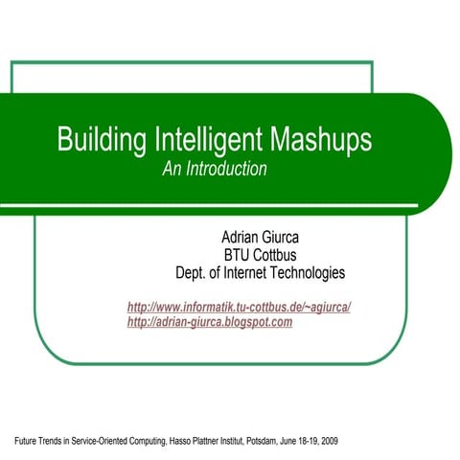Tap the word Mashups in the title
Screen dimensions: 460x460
point(320,141)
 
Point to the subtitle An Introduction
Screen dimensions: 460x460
point(214,169)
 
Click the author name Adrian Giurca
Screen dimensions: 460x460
point(260,237)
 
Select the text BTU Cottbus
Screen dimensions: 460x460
point(260,255)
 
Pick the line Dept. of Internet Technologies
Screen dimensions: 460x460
point(260,273)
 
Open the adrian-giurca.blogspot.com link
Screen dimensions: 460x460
point(209,322)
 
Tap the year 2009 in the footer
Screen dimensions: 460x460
point(328,442)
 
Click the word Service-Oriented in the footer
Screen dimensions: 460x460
point(95,442)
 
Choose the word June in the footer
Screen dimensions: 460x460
point(290,442)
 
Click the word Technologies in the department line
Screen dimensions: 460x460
point(304,273)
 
